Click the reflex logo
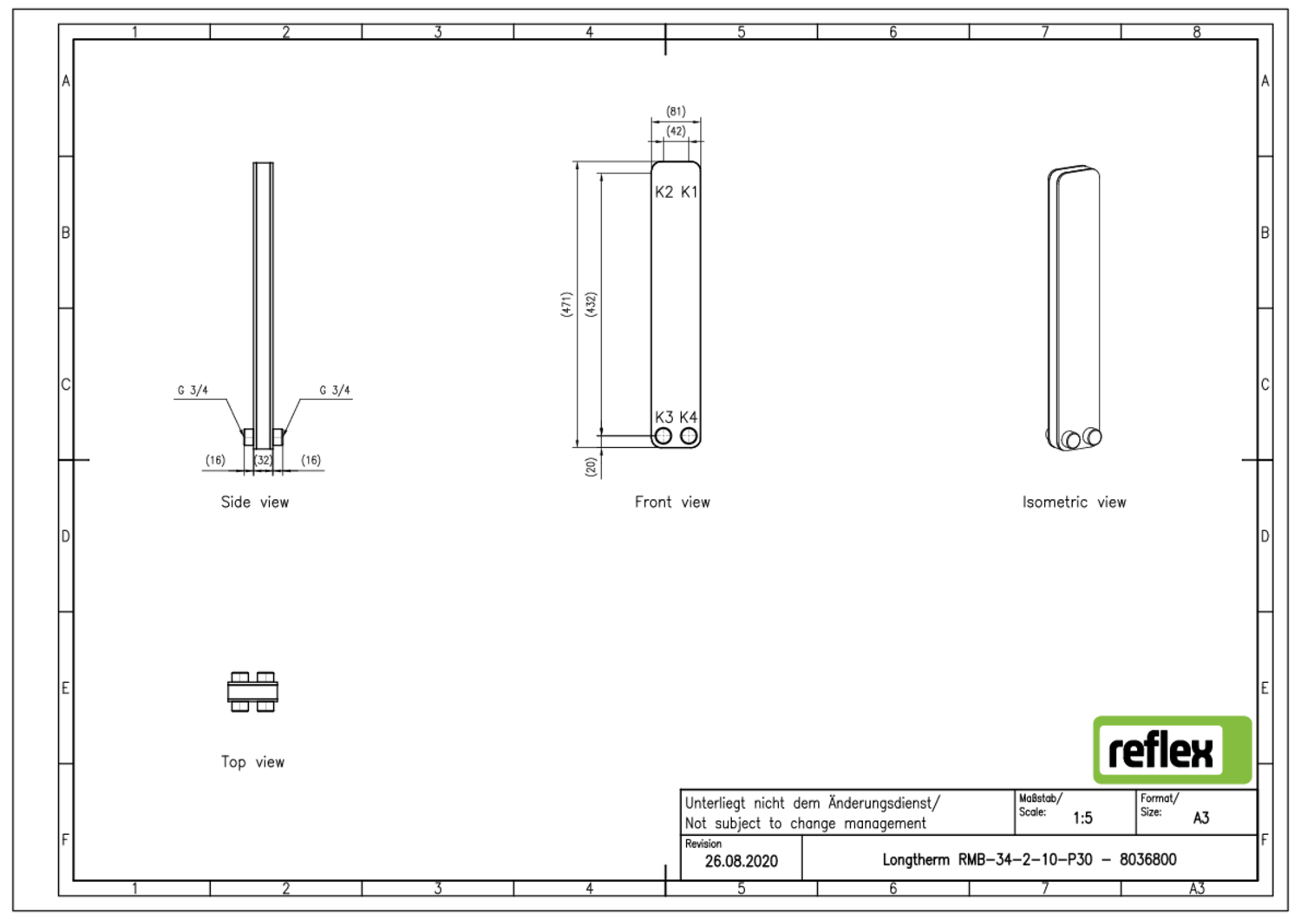[x=1172, y=750]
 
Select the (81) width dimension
[x=676, y=111]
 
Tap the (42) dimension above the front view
[x=676, y=131]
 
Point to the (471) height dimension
[x=566, y=304]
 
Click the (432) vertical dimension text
[x=591, y=304]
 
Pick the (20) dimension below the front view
[x=591, y=466]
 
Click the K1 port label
[x=689, y=192]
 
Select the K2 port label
[x=664, y=192]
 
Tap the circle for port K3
[x=664, y=436]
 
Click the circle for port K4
[x=689, y=436]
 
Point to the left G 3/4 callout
[x=193, y=391]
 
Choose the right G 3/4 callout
[x=335, y=391]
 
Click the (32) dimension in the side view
[x=263, y=460]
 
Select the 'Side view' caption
[x=255, y=502]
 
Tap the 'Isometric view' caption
[x=1074, y=502]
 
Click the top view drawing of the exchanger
[x=253, y=692]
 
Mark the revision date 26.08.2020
[x=741, y=861]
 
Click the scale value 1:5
[x=1082, y=818]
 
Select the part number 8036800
[x=1147, y=859]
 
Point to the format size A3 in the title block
[x=1200, y=818]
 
